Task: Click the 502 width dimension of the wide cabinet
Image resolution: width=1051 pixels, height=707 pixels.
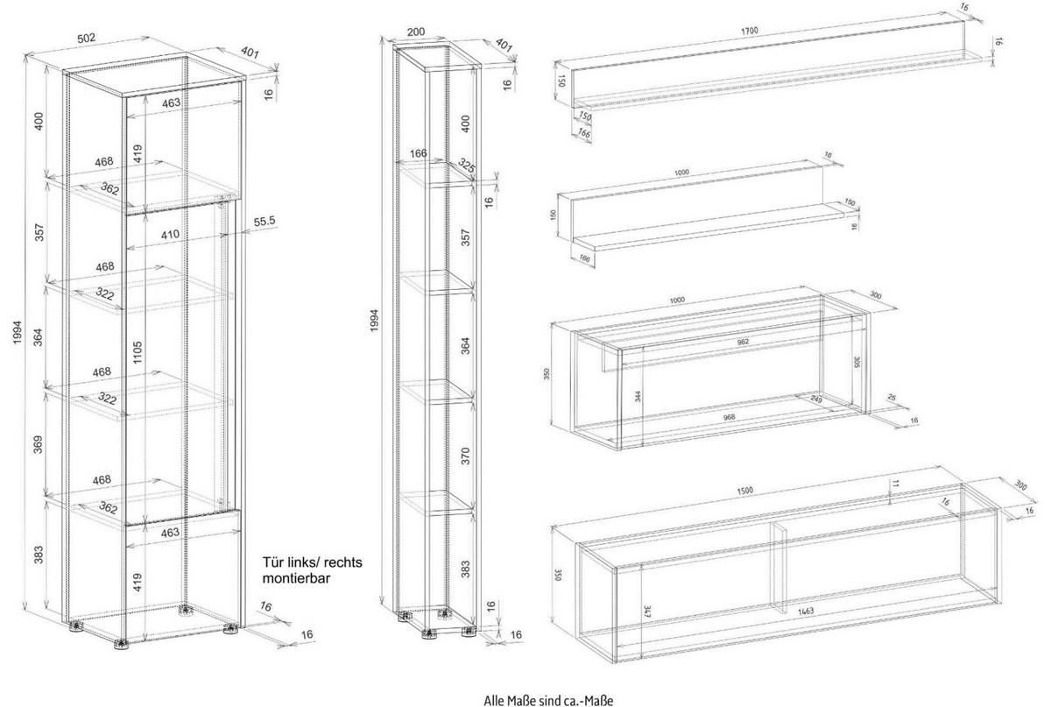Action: click(111, 39)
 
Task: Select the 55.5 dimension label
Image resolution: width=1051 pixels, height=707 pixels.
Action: click(265, 223)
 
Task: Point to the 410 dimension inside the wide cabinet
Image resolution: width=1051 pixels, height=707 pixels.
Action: click(170, 235)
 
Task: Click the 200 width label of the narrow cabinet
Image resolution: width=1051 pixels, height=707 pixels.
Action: click(417, 32)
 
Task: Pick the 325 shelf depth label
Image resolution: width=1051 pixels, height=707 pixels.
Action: click(467, 167)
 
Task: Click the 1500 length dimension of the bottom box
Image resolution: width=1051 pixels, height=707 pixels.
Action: click(744, 489)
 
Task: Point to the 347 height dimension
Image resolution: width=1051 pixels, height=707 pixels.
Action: click(646, 608)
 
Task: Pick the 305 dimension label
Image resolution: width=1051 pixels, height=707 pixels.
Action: click(857, 363)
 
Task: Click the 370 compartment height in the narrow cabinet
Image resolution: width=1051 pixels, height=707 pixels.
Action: click(465, 456)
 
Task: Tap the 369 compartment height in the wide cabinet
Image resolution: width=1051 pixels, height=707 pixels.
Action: click(38, 445)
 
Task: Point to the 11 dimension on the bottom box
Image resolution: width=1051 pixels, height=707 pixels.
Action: click(894, 484)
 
